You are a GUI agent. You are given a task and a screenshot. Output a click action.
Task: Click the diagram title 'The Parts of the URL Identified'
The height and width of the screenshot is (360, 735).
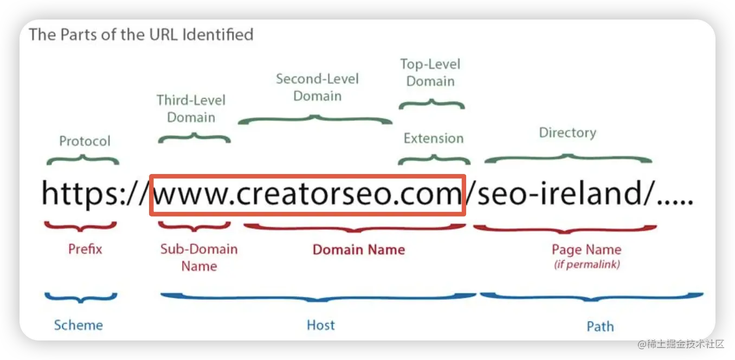pos(141,35)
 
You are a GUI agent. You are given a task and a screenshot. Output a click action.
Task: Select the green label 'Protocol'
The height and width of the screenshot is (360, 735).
pos(85,142)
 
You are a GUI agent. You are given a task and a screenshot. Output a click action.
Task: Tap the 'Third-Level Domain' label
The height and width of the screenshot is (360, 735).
pos(191,108)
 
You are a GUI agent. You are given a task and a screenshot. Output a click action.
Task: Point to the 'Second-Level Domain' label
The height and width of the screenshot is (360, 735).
pos(317,87)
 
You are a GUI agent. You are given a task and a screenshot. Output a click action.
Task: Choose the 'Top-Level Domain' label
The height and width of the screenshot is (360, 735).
pos(430,73)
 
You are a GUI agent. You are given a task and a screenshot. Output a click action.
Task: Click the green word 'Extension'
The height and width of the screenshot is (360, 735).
pos(433,138)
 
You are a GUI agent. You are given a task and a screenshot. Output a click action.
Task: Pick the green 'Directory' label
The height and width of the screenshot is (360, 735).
pos(567,133)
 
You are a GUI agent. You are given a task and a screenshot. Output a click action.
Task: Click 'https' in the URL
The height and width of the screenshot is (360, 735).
pos(78,194)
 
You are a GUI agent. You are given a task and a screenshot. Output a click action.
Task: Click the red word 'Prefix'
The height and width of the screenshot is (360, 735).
pos(85,249)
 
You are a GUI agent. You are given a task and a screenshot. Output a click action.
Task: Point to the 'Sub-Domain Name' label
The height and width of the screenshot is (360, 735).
pos(199,258)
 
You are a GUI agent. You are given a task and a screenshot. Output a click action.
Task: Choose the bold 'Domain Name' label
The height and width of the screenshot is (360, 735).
pos(359,250)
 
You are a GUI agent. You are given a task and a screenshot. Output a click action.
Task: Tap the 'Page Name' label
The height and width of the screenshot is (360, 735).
pos(586,250)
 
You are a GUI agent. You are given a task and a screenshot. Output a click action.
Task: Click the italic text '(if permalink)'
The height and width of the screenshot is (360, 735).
pos(586,265)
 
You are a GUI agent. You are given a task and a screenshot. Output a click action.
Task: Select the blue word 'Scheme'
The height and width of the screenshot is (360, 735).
pos(78,325)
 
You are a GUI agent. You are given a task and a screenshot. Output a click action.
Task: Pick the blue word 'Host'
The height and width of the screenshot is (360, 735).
pos(321,325)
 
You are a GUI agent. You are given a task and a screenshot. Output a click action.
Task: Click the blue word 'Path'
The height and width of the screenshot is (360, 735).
pos(600,326)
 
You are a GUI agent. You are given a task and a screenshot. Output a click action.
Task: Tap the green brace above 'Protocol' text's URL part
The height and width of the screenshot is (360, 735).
pos(83,159)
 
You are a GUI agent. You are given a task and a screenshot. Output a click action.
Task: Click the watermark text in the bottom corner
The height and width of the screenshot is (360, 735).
pos(680,343)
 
